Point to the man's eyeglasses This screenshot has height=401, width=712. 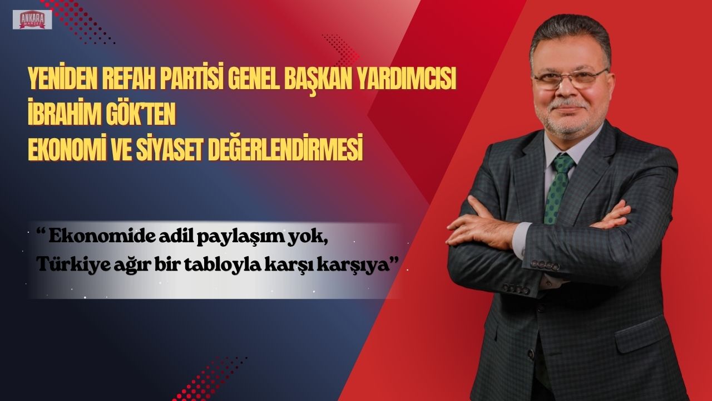(x=570, y=79)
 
